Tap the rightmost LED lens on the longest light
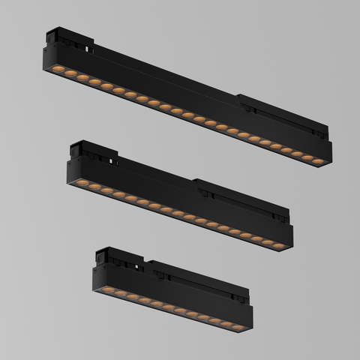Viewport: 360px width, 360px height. click(x=318, y=161)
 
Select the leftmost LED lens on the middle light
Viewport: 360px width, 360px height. click(x=82, y=182)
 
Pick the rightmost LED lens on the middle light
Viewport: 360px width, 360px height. click(x=278, y=246)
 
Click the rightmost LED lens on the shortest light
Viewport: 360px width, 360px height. click(x=238, y=327)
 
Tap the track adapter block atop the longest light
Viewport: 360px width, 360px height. click(x=64, y=37)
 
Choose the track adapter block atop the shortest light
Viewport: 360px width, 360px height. click(x=109, y=255)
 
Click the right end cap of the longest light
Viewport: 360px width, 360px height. click(x=329, y=150)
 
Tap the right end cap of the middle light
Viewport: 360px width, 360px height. click(x=290, y=235)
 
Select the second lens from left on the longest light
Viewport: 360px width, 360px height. click(x=70, y=73)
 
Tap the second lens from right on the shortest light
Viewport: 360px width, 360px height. click(x=227, y=324)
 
